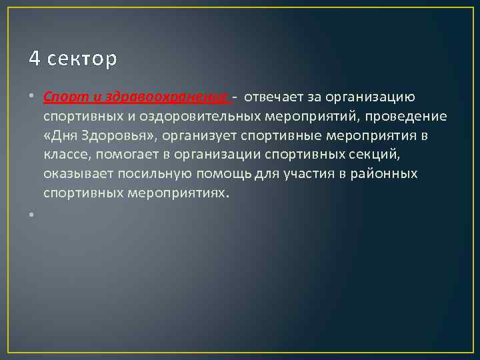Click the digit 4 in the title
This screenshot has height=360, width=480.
(35, 59)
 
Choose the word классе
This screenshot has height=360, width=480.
(67, 155)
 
